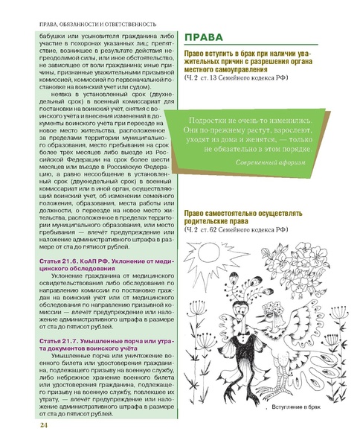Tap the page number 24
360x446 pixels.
[x=22, y=424]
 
